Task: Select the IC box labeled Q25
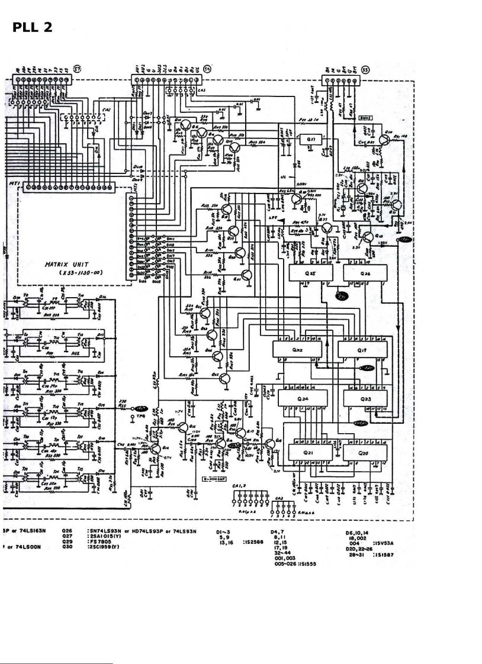click(312, 273)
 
